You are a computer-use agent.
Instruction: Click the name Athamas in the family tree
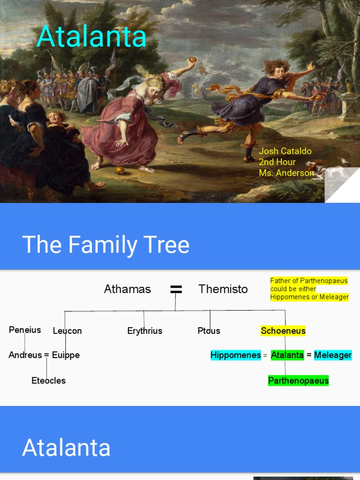point(127,289)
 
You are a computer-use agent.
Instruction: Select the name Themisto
point(223,289)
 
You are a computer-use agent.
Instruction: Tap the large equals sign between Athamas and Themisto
point(176,290)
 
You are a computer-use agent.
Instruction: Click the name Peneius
point(25,330)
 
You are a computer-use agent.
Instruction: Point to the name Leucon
point(67,331)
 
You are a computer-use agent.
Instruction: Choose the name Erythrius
point(145,331)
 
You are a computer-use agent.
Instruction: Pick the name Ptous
point(209,331)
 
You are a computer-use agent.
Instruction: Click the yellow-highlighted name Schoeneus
point(283,331)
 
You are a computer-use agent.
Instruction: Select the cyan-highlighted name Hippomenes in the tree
point(236,355)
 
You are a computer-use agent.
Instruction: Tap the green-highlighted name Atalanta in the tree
point(287,355)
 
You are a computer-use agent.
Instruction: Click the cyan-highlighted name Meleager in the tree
point(333,355)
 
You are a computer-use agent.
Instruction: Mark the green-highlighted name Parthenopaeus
point(299,381)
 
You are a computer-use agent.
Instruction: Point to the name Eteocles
point(49,381)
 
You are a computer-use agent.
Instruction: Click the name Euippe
point(66,355)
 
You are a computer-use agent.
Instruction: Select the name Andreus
point(25,355)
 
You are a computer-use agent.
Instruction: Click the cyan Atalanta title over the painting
point(92,36)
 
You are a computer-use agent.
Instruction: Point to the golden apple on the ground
point(120,170)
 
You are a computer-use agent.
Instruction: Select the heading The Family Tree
point(106,245)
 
